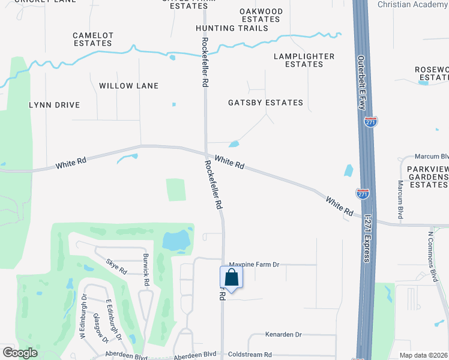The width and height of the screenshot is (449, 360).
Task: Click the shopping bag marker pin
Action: point(231,278)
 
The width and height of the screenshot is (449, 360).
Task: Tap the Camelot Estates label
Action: point(93,39)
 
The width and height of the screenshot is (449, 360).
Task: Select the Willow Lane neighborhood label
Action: point(129,86)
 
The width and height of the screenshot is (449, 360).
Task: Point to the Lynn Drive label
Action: point(55,105)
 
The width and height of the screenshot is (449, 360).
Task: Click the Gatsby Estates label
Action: point(265,103)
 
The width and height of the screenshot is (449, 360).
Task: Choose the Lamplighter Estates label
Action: point(304,60)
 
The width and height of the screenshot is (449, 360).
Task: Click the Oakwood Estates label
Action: point(261,15)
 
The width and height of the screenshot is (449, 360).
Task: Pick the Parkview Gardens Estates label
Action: point(428,177)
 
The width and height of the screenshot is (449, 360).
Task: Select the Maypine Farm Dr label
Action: point(255,264)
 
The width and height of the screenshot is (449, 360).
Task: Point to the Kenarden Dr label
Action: point(283,334)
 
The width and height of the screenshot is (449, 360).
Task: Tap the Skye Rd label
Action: point(116,266)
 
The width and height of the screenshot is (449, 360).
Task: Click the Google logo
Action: point(20,353)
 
